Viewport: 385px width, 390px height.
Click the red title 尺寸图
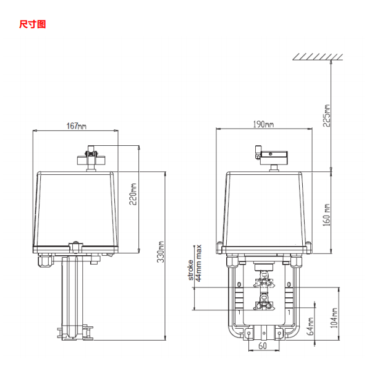(x=32, y=25)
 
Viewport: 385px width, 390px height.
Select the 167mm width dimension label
(x=75, y=126)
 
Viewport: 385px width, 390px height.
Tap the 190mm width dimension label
(x=263, y=124)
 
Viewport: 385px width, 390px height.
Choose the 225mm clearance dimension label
(x=328, y=114)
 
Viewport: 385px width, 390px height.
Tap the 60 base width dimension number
(x=263, y=346)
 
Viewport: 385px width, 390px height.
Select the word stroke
(x=192, y=270)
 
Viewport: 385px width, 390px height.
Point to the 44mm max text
(x=199, y=263)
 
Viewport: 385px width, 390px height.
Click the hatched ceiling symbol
(x=318, y=57)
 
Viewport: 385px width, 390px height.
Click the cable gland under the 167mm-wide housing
(x=44, y=264)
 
